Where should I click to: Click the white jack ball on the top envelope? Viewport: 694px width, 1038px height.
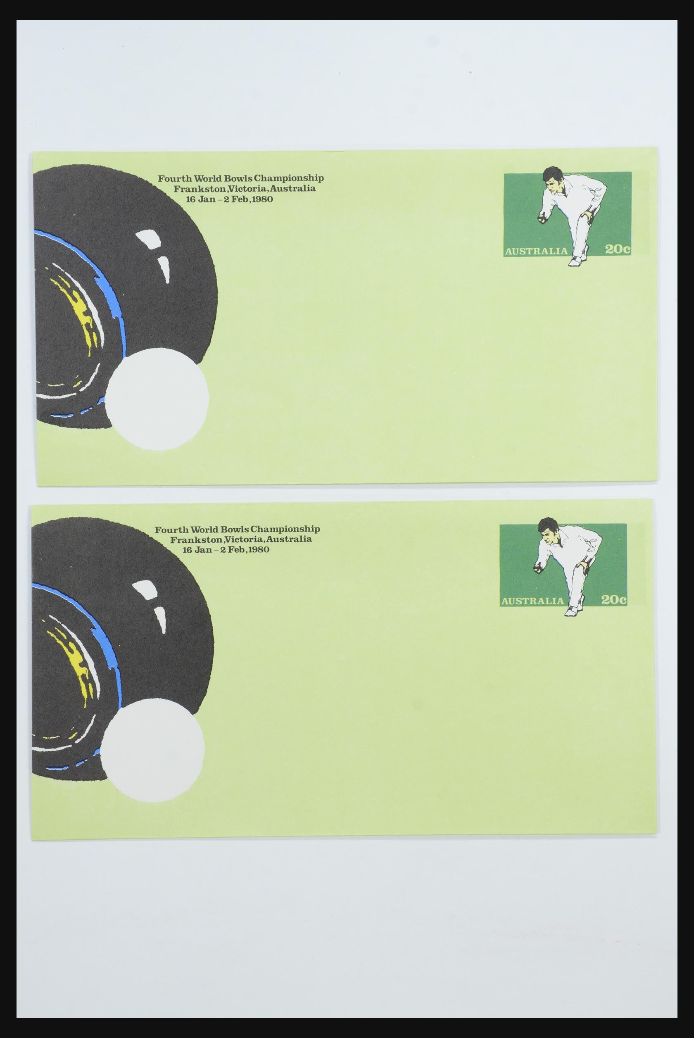(x=157, y=399)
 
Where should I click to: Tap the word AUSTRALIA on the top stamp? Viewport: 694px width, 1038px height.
(x=536, y=251)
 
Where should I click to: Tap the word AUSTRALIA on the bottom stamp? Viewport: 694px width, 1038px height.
(x=532, y=601)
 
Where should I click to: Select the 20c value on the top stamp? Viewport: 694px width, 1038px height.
(x=618, y=249)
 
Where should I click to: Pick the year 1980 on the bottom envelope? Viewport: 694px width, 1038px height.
(x=258, y=550)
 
